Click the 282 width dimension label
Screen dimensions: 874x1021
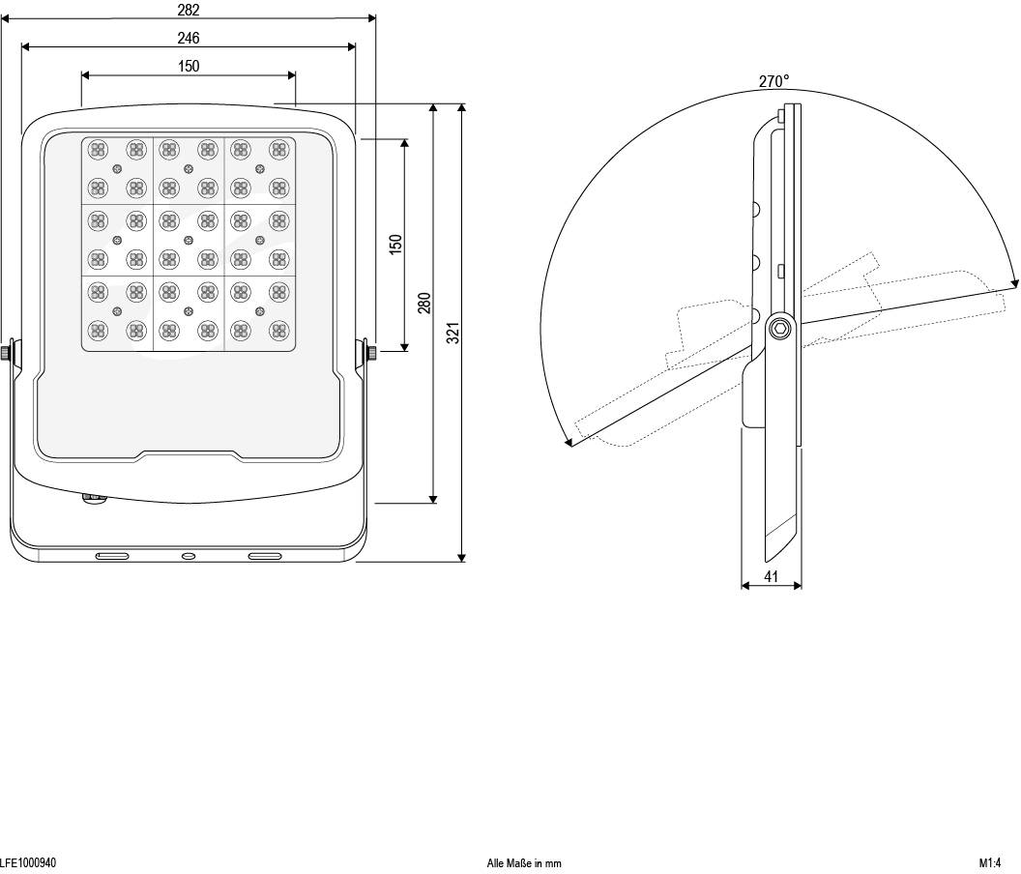click(189, 10)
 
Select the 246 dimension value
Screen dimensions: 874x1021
click(189, 39)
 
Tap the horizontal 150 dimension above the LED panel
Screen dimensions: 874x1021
click(189, 66)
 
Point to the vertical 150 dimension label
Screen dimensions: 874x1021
click(395, 244)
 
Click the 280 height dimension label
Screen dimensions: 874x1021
click(423, 304)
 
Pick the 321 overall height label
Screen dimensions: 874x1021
click(452, 332)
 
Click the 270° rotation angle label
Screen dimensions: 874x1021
click(773, 82)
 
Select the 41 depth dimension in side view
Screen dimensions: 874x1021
click(772, 576)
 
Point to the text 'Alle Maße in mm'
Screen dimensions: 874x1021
click(524, 863)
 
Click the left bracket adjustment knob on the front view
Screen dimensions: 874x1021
click(6, 352)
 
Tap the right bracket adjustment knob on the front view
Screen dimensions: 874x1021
click(371, 352)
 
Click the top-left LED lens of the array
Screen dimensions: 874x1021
click(98, 149)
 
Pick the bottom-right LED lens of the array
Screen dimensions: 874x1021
click(279, 330)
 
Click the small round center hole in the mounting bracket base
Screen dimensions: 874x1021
click(189, 556)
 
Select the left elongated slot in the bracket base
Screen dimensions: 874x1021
click(111, 556)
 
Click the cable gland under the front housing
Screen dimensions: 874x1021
click(93, 498)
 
